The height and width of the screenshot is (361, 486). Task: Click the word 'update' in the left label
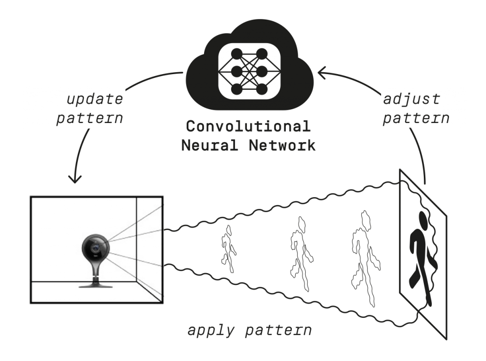pyautogui.click(x=94, y=100)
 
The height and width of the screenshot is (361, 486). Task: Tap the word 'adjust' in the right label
pyautogui.click(x=411, y=100)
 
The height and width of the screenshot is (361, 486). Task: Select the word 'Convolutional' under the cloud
pyautogui.click(x=248, y=127)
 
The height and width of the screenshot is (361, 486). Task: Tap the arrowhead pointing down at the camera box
pyautogui.click(x=75, y=180)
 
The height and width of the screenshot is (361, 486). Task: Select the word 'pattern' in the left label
pyautogui.click(x=90, y=118)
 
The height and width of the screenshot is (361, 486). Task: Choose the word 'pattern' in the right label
pyautogui.click(x=416, y=118)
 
